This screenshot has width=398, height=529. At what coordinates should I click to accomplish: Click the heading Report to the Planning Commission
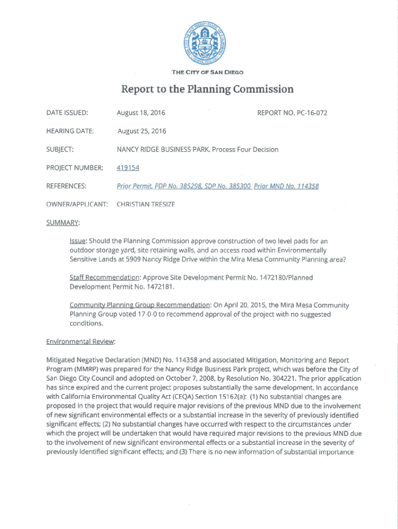click(207, 89)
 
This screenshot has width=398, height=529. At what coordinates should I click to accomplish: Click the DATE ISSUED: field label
click(67, 113)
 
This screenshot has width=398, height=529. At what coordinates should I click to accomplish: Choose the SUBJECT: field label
click(60, 149)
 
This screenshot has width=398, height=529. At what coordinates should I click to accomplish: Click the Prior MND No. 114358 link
click(286, 186)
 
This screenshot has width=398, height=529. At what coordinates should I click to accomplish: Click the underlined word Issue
click(78, 241)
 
